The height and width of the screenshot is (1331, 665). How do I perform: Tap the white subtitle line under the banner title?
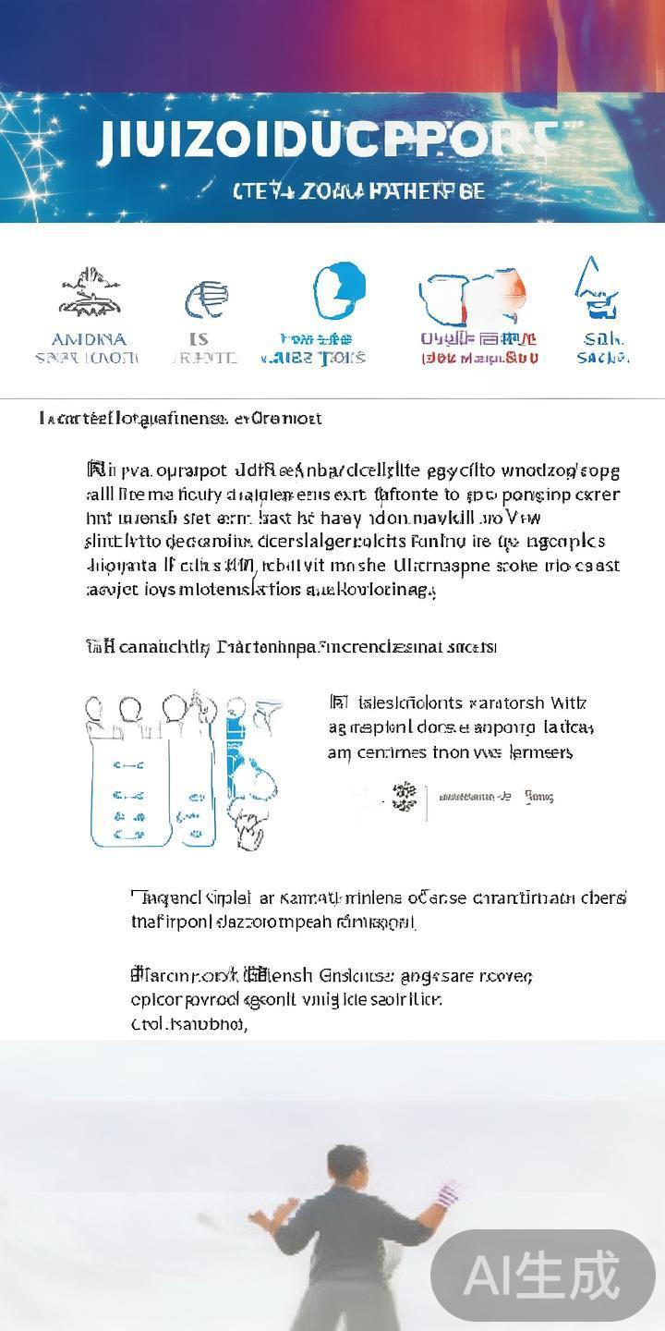pos(358,192)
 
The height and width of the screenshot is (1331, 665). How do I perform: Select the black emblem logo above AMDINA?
pos(91,293)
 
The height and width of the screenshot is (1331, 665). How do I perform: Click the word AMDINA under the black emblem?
pos(89,339)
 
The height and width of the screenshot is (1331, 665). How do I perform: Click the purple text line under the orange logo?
pos(478,339)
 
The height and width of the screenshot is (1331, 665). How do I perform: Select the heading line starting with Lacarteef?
pos(180,419)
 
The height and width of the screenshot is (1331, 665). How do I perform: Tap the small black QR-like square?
pos(405,796)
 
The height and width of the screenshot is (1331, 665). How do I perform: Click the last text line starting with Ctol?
pos(189,1024)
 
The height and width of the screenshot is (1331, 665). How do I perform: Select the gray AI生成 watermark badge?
pos(542,1276)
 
